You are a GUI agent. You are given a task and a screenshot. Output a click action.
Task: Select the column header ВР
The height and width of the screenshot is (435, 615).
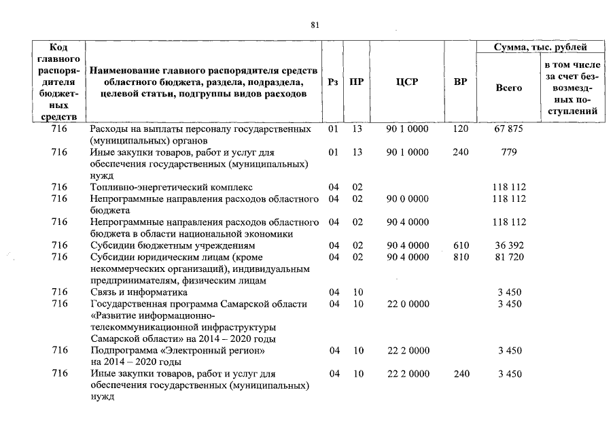460,82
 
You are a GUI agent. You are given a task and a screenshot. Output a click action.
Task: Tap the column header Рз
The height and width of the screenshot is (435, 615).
332,82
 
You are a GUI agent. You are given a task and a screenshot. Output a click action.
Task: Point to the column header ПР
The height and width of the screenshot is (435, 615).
356,82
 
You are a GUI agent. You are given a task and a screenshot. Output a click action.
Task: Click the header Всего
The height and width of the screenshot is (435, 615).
508,88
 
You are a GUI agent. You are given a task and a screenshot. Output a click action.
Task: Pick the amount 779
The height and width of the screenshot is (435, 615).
508,152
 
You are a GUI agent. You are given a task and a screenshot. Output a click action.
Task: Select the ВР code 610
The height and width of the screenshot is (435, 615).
460,245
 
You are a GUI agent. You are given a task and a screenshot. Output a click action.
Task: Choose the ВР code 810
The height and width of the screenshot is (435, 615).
460,257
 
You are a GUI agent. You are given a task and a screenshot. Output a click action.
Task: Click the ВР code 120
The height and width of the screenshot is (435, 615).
460,129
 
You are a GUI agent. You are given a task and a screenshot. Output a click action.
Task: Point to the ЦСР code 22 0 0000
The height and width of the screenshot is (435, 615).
407,304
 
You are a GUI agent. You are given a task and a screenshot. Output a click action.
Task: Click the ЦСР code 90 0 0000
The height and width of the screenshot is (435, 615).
407,198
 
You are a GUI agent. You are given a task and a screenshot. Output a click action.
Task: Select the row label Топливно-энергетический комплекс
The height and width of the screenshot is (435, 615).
171,187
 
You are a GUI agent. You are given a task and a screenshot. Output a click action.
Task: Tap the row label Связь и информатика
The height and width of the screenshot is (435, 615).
139,292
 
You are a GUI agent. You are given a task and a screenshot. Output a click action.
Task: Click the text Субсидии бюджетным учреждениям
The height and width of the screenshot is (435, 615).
173,245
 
